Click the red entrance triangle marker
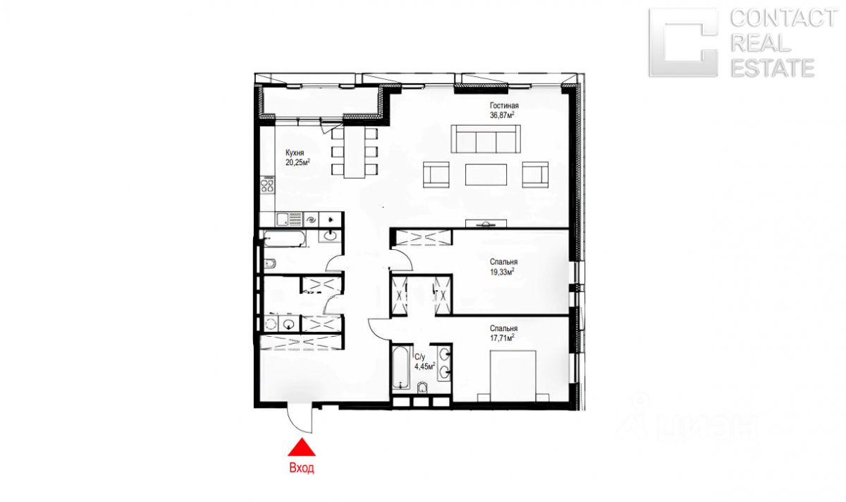(x=302, y=447)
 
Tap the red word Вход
(x=302, y=468)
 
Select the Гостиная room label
(x=504, y=105)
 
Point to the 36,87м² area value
(x=502, y=115)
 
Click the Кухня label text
(x=295, y=153)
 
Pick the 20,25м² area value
(x=298, y=162)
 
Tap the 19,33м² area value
(x=502, y=272)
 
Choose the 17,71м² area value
(x=502, y=338)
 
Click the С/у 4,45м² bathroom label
(x=425, y=361)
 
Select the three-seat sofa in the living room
(x=485, y=139)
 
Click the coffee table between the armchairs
(x=486, y=174)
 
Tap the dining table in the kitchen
(x=354, y=152)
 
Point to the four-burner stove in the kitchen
(x=267, y=186)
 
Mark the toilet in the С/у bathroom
(x=422, y=388)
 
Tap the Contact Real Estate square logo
(x=683, y=43)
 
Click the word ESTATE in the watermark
(x=773, y=68)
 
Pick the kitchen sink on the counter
(x=282, y=220)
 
